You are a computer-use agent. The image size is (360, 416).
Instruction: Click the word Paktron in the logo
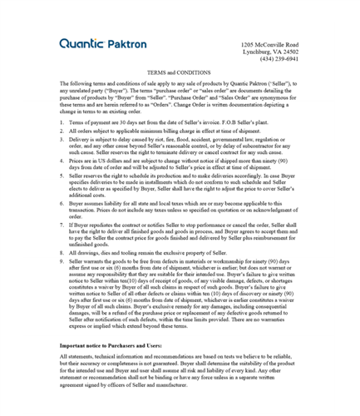pos(126,43)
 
